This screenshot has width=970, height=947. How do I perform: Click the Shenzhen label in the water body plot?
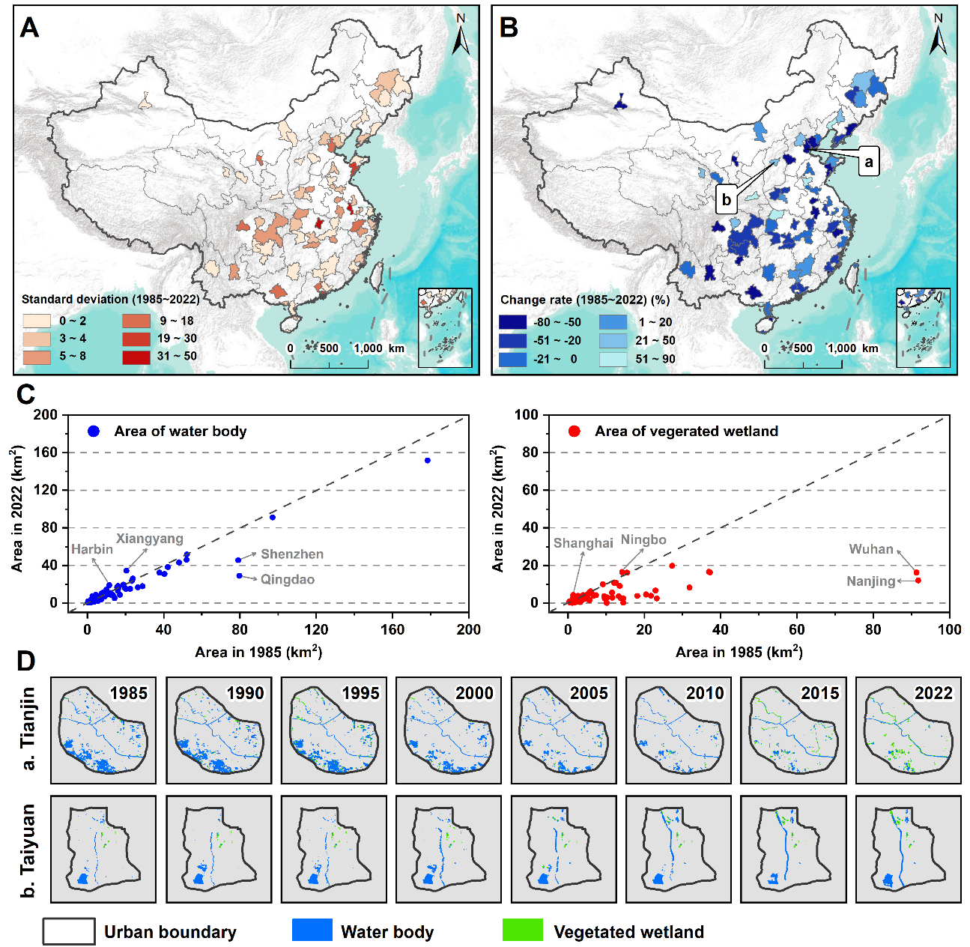tap(292, 554)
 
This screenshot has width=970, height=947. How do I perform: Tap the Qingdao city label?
tap(287, 580)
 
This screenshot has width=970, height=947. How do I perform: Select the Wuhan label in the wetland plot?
tap(871, 549)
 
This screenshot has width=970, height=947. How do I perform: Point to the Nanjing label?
tap(870, 581)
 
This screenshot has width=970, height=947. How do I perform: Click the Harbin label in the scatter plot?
tap(92, 549)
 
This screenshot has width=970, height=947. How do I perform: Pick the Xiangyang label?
tap(149, 539)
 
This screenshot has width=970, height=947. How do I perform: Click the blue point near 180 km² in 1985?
tap(428, 461)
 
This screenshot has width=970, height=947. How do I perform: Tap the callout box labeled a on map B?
tap(869, 162)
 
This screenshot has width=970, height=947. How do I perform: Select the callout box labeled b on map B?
tap(726, 200)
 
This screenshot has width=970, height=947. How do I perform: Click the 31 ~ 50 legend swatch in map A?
tap(136, 357)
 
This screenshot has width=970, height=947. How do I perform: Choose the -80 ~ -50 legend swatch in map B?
tap(513, 322)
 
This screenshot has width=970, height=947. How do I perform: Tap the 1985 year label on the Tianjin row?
tap(129, 693)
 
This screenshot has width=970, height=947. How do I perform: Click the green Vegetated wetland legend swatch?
tap(523, 931)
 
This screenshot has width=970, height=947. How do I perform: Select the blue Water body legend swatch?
tap(312, 931)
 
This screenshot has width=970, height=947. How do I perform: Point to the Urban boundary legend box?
tap(69, 931)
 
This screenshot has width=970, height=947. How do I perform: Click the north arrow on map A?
tap(461, 34)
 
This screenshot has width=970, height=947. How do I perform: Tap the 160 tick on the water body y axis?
tap(48, 453)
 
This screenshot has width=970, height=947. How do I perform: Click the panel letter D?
tap(25, 662)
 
